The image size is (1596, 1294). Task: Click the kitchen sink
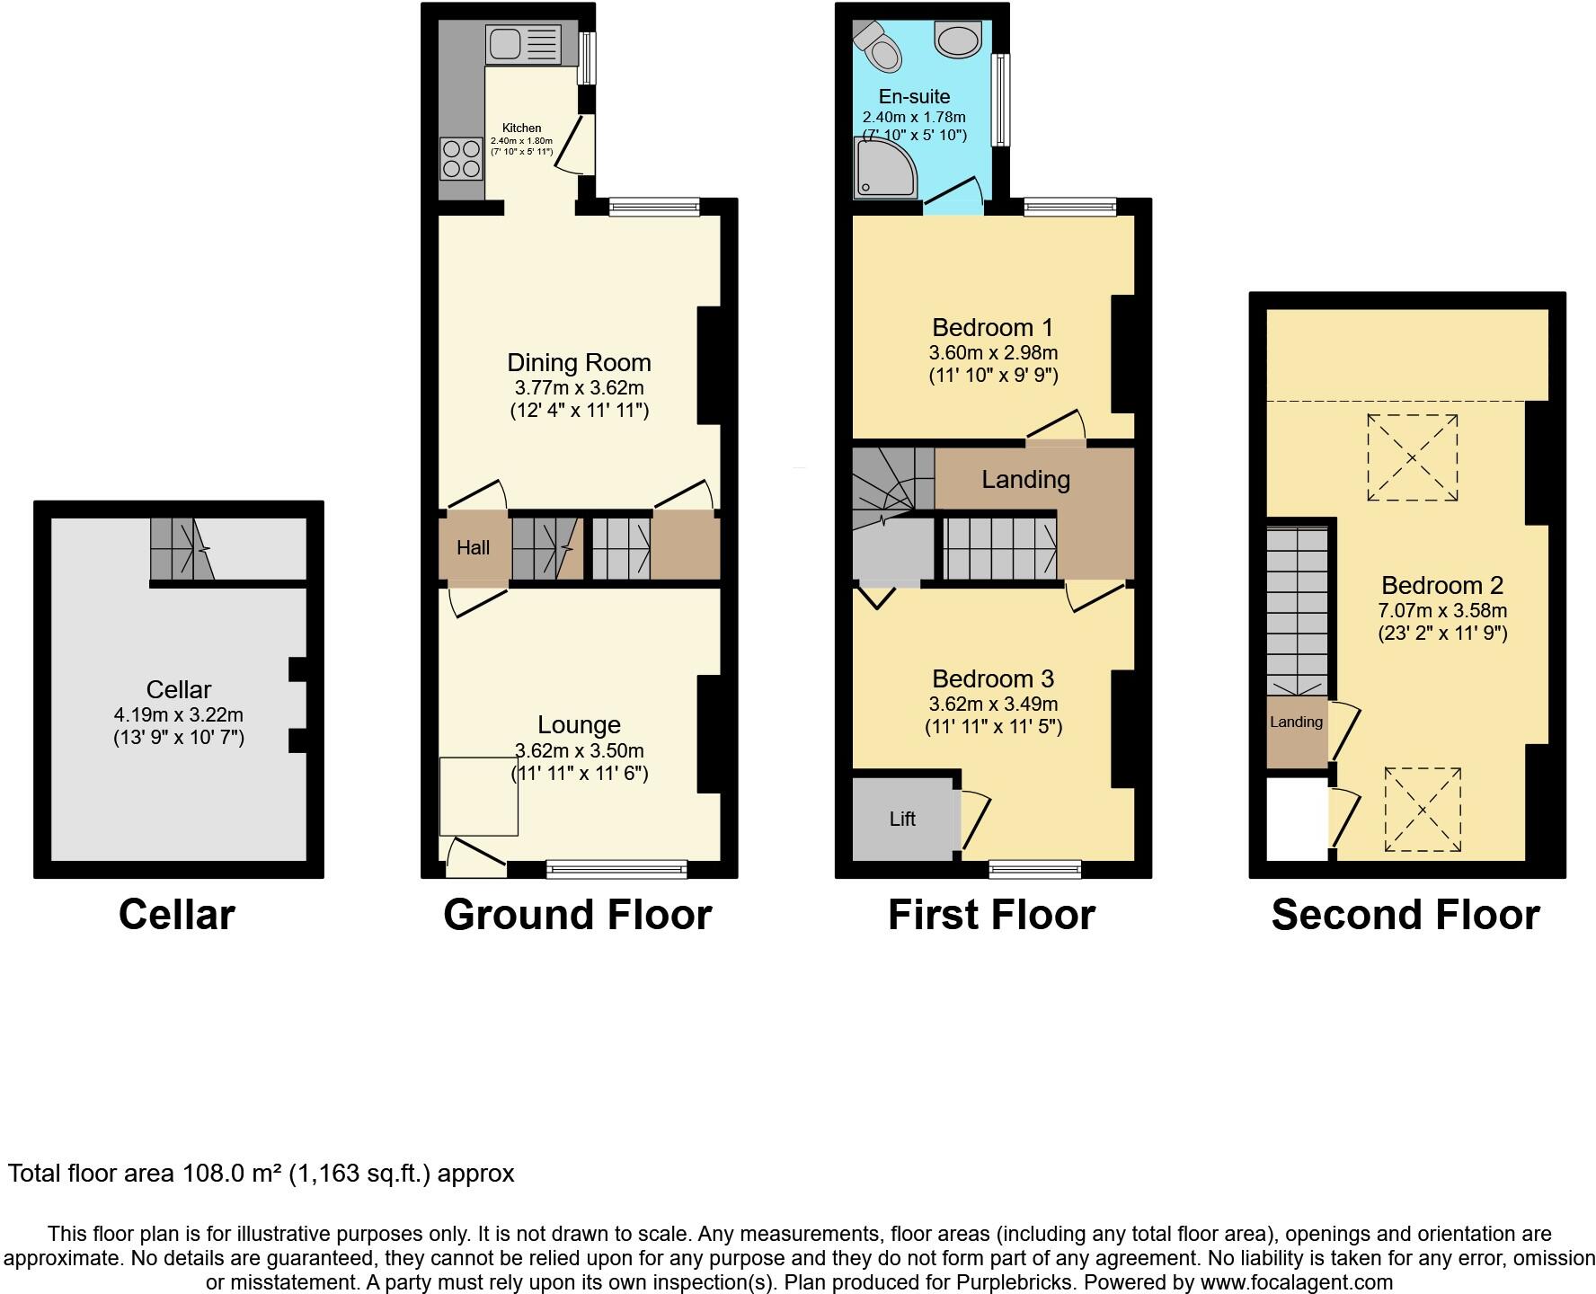click(522, 45)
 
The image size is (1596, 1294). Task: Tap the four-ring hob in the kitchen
click(461, 159)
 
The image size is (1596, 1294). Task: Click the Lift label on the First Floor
click(902, 819)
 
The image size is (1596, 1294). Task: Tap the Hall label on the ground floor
click(473, 547)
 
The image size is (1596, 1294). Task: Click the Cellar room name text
click(179, 689)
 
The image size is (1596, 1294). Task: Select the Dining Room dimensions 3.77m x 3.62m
click(579, 388)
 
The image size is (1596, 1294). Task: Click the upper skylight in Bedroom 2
click(1412, 457)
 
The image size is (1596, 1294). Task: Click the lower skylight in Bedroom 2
click(1423, 810)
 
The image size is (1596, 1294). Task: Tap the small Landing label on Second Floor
click(1296, 722)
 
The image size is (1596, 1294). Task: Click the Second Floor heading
click(1405, 915)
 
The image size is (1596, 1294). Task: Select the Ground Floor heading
click(577, 915)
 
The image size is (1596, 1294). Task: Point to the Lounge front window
click(616, 868)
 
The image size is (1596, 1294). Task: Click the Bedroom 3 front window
click(1034, 868)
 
